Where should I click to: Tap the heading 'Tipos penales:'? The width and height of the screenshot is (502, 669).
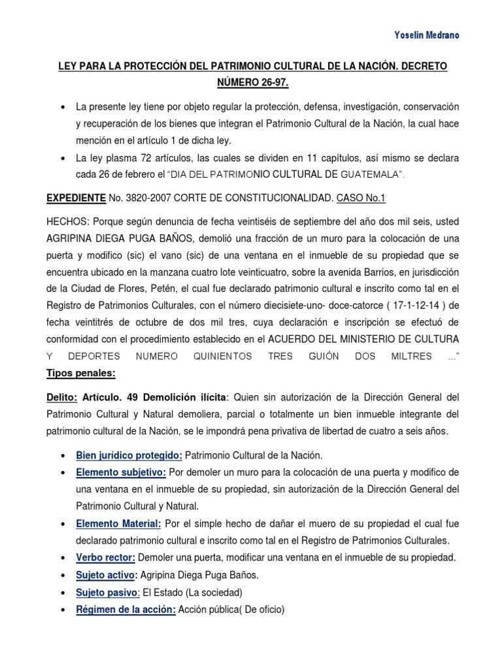click(x=81, y=373)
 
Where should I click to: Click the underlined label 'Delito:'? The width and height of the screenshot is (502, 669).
click(x=63, y=397)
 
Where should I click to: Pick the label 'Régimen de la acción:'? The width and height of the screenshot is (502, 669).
click(x=125, y=610)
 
